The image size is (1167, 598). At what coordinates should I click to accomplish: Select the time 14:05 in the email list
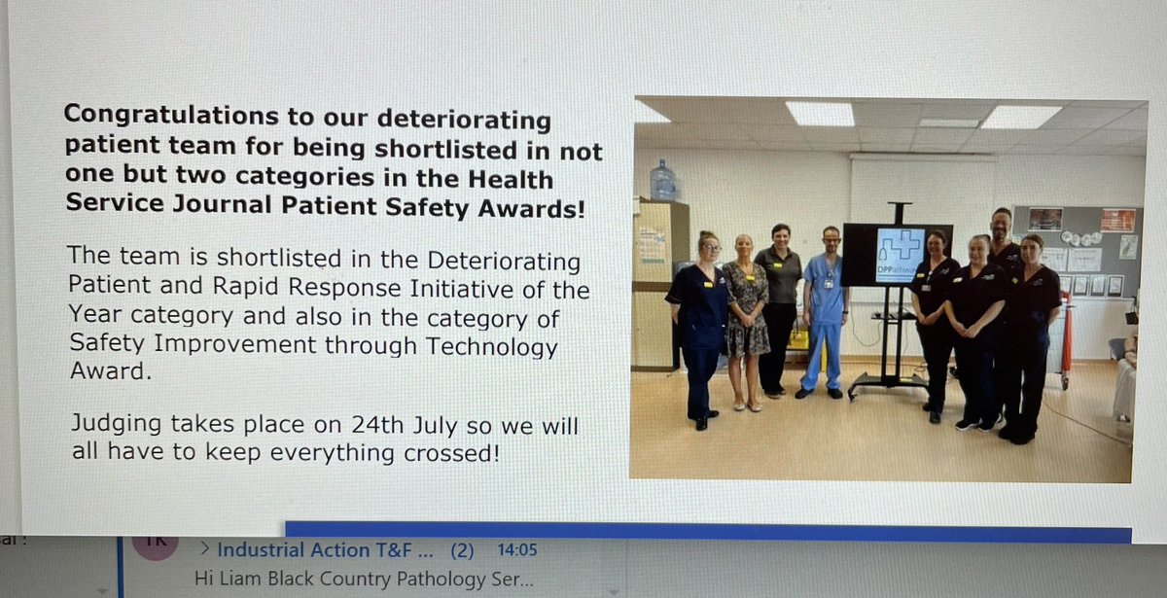pyautogui.click(x=517, y=550)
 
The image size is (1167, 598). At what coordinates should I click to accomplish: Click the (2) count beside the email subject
pyautogui.click(x=462, y=550)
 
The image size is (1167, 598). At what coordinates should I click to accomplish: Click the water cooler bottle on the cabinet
pyautogui.click(x=662, y=181)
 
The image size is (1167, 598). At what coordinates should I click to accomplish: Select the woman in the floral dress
pyautogui.click(x=746, y=321)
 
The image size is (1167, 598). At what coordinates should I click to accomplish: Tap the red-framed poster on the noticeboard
pyautogui.click(x=1117, y=220)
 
